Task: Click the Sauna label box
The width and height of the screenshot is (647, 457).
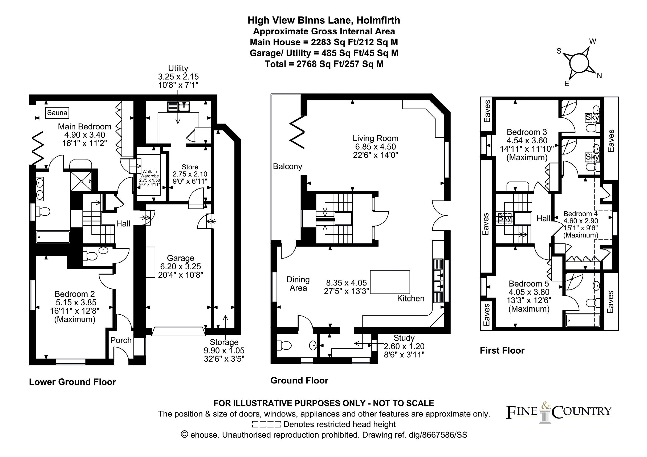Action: point(57,113)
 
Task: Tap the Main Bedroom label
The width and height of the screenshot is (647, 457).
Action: point(84,127)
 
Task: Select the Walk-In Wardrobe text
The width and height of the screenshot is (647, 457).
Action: point(149,174)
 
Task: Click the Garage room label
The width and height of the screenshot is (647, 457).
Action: point(180,258)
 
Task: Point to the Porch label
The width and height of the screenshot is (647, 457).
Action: point(121,340)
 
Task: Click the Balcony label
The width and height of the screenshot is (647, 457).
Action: point(287,166)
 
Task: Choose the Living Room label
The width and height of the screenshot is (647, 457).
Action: point(375,138)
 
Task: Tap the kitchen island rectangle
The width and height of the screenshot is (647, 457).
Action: point(390,282)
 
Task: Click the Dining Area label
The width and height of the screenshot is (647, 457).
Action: point(298,284)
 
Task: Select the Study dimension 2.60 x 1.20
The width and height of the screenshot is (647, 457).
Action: point(404,346)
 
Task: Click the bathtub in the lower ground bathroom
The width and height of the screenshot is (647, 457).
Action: point(53,237)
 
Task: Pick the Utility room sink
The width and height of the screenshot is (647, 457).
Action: point(185,107)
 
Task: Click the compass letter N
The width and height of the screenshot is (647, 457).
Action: point(599,76)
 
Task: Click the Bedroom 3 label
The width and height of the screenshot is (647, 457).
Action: point(527,132)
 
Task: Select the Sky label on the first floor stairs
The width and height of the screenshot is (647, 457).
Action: point(504,218)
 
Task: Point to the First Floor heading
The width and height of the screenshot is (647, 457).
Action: point(502,350)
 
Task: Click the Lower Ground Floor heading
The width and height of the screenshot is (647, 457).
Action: point(72,382)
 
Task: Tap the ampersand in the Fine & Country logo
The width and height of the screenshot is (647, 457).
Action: point(546,406)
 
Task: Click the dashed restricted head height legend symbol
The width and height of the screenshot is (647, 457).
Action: point(267,424)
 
